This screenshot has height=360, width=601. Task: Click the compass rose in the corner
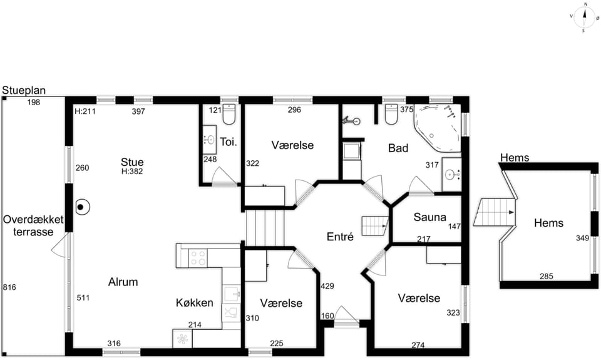[585, 18]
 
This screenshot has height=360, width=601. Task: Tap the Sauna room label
[429, 217]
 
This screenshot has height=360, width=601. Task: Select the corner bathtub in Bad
[438, 128]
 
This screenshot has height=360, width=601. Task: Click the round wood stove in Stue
[81, 207]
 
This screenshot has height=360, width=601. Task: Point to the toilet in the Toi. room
[229, 114]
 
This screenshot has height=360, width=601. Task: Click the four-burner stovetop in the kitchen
[198, 258]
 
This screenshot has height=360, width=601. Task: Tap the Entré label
[340, 237]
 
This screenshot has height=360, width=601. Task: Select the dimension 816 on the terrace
[9, 287]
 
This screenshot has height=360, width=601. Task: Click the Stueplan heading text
[24, 91]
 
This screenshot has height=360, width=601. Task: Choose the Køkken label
[194, 303]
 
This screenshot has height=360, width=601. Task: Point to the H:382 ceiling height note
[132, 172]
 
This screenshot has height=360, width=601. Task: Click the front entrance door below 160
[346, 317]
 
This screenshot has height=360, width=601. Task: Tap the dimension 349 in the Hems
[582, 238]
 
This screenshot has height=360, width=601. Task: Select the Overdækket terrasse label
[33, 226]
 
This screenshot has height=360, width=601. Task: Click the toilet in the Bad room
[391, 114]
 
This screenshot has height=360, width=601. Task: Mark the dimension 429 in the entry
[327, 286]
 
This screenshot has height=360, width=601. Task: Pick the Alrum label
[123, 282]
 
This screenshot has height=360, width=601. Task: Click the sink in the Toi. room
[209, 140]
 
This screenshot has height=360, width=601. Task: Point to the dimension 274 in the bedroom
[418, 345]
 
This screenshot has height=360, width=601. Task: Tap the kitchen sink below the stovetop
[231, 294]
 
